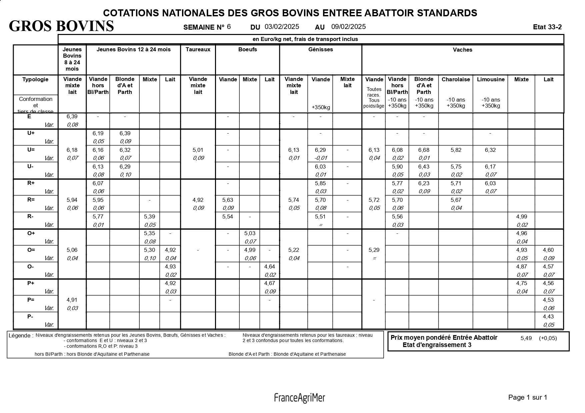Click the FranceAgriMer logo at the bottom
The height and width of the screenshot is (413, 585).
tap(299, 398)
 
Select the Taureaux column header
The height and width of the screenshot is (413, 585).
tap(198, 50)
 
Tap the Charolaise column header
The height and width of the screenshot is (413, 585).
tap(456, 79)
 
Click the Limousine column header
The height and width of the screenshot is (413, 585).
tap(491, 79)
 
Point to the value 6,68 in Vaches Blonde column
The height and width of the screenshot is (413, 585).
tap(424, 150)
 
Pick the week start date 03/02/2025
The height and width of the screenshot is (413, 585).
tap(282, 27)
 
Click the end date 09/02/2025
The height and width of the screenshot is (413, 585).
tap(348, 27)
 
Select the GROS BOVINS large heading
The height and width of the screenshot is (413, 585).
tap(61, 26)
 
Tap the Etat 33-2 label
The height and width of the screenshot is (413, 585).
tap(547, 27)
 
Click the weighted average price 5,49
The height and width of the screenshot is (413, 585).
tap(526, 338)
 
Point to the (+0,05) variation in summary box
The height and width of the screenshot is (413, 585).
tap(548, 338)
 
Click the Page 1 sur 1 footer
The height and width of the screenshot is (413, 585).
tap(528, 397)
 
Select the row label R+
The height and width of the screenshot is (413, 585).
tap(31, 183)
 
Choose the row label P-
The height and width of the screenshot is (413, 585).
tap(30, 316)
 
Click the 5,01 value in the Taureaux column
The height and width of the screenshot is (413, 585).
tap(198, 150)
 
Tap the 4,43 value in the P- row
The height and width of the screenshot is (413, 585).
tap(548, 317)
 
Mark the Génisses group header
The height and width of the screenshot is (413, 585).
tap(320, 50)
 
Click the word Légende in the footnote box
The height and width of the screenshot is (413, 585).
tap(21, 336)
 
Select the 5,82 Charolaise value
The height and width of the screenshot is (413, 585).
tap(456, 150)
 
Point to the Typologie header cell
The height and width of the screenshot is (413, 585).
tap(35, 79)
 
